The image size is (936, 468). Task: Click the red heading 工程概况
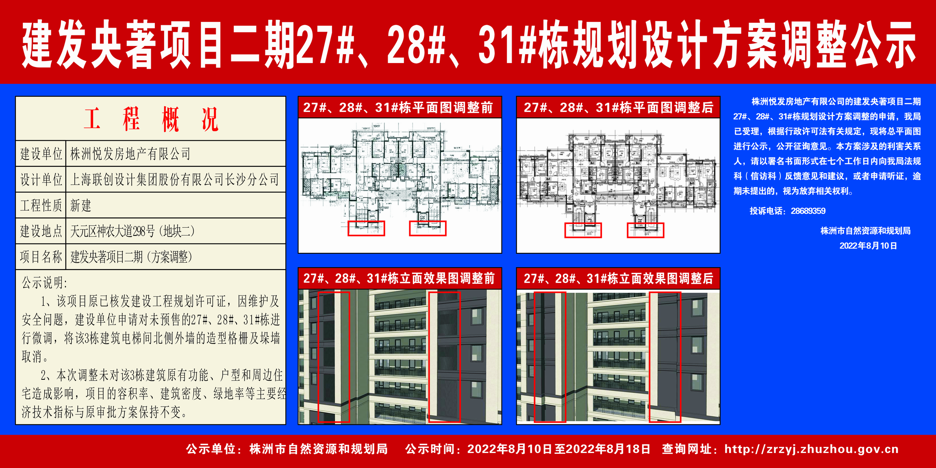point(151,119)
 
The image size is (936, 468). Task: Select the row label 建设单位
point(41,154)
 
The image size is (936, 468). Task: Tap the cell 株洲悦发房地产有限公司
point(130,154)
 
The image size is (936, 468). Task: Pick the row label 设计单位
point(41,179)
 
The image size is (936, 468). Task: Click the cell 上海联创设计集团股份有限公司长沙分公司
point(175,179)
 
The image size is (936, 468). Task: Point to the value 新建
point(81,205)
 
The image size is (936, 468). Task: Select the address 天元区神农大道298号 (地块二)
point(132,231)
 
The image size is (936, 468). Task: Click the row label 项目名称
point(41,257)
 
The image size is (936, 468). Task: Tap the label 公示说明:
point(45,282)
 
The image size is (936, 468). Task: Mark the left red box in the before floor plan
point(366,228)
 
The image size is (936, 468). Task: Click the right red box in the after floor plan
point(645,230)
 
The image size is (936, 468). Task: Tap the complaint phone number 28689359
point(808,211)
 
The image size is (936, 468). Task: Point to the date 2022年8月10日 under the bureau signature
point(868,246)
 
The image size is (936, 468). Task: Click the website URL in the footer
point(811,449)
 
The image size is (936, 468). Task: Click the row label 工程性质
point(41,205)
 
